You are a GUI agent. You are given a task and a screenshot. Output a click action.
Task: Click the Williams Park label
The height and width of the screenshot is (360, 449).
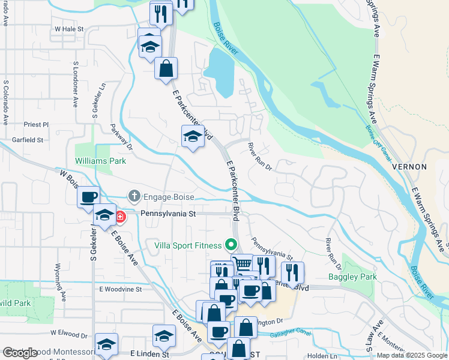click(x=100, y=161)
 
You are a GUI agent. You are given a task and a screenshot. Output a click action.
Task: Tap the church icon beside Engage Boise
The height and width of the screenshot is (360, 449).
click(x=133, y=196)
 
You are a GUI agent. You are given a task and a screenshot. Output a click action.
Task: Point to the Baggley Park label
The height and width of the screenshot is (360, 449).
click(x=352, y=277)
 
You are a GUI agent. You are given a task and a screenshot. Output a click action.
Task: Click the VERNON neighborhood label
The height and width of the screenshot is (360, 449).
click(x=409, y=167)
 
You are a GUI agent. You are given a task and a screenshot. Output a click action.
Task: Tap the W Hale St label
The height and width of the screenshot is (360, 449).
click(x=68, y=28)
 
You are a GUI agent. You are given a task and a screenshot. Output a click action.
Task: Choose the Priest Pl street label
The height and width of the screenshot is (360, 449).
click(x=36, y=124)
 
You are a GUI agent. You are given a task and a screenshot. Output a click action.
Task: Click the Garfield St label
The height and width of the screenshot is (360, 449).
click(x=28, y=140)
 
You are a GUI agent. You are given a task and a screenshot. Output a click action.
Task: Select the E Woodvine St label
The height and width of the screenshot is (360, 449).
click(x=119, y=289)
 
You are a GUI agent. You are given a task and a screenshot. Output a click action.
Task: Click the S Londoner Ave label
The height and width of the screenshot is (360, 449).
click(x=76, y=83)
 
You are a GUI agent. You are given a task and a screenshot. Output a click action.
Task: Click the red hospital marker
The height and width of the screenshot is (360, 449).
click(x=120, y=217)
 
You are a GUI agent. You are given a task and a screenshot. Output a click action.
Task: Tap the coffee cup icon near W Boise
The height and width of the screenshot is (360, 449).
click(x=88, y=197)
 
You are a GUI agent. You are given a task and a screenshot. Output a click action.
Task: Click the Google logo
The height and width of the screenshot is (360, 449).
click(x=20, y=353)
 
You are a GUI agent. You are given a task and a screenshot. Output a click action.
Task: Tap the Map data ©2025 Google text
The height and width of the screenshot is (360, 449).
click(x=411, y=355)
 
